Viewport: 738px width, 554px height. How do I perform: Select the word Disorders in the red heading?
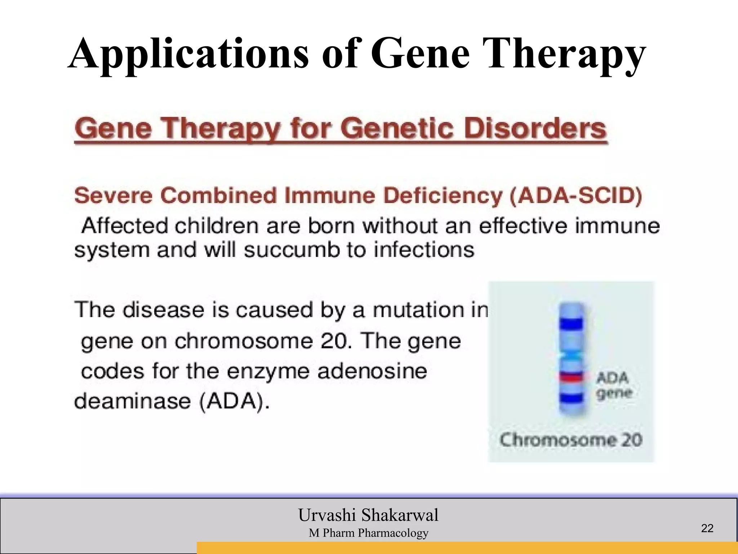[x=535, y=129]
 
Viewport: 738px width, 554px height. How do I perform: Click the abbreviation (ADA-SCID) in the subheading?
[x=575, y=196]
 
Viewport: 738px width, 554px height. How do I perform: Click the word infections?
[x=424, y=250]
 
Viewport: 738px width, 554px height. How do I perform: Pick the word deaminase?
[x=132, y=401]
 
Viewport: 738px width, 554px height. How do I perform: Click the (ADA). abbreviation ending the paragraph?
[x=234, y=401]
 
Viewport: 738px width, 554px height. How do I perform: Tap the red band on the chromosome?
[x=571, y=377]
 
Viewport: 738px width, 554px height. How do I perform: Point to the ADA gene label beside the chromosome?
[x=613, y=385]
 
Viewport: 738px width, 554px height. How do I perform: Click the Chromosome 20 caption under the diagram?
[x=571, y=440]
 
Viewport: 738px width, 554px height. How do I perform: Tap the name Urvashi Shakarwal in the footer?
[x=368, y=515]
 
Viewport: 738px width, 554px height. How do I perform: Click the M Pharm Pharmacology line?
[x=368, y=533]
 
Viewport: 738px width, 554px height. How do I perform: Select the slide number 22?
[x=707, y=528]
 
